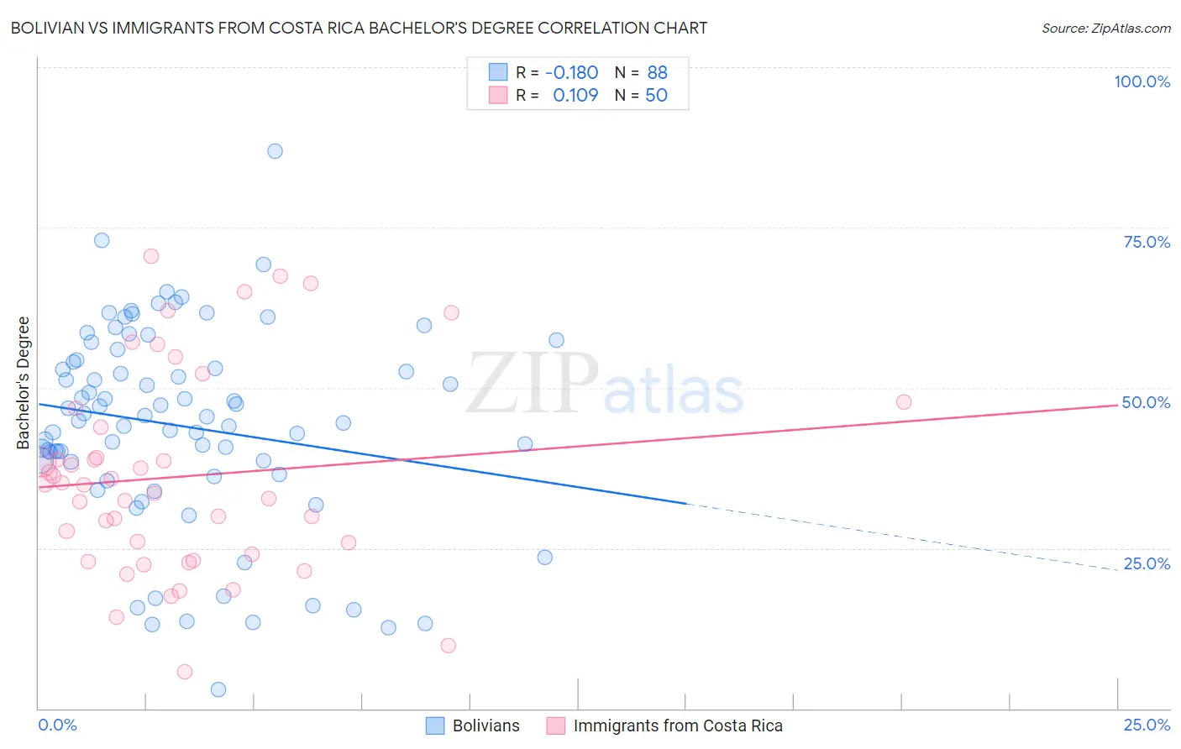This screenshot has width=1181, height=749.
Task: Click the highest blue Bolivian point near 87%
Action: pyautogui.click(x=275, y=151)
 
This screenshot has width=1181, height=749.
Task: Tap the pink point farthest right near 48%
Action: pyautogui.click(x=904, y=402)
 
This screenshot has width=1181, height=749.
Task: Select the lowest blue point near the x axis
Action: pyautogui.click(x=218, y=689)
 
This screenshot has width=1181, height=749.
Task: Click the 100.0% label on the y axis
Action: pyautogui.click(x=1142, y=81)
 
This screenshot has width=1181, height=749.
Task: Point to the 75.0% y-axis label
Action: pyautogui.click(x=1147, y=242)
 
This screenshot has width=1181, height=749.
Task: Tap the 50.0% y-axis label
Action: pyautogui.click(x=1146, y=402)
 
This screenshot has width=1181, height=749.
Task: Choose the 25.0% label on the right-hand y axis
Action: pyautogui.click(x=1147, y=563)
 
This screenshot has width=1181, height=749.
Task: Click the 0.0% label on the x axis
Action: pyautogui.click(x=58, y=725)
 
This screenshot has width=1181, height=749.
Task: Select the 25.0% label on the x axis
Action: pyautogui.click(x=1147, y=725)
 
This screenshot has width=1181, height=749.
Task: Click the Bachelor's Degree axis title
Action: pyautogui.click(x=24, y=383)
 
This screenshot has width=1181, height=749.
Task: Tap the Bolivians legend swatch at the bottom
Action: pyautogui.click(x=435, y=725)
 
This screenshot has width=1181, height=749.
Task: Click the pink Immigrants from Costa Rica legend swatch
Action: pyautogui.click(x=556, y=725)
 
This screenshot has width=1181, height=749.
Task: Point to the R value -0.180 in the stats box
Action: pyautogui.click(x=571, y=72)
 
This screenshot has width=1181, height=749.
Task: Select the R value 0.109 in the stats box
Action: pyautogui.click(x=575, y=95)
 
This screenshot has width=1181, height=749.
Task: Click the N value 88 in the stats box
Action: pyautogui.click(x=657, y=72)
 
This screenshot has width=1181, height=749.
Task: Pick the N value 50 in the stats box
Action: pyautogui.click(x=656, y=95)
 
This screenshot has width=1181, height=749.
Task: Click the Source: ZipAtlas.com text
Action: pyautogui.click(x=1105, y=28)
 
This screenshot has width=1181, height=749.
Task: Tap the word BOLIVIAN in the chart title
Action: pyautogui.click(x=48, y=28)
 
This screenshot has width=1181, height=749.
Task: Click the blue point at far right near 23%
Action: pyautogui.click(x=544, y=558)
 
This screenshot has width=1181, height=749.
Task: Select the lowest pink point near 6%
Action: pyautogui.click(x=185, y=672)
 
